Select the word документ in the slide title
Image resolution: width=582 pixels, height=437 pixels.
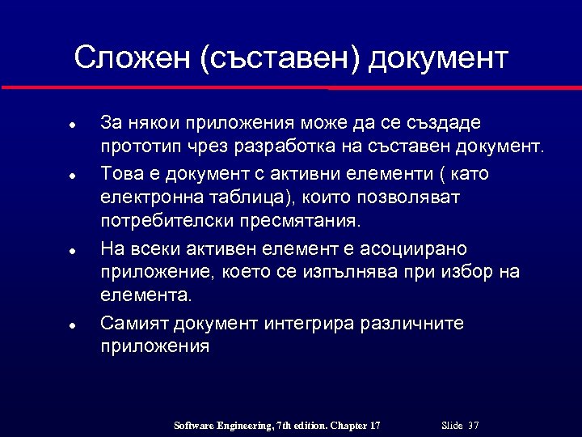point(438,58)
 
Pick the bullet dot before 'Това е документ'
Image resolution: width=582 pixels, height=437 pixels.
point(72,175)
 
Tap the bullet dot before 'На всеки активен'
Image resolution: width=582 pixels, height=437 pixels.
point(72,250)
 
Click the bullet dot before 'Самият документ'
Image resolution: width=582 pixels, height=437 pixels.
point(72,325)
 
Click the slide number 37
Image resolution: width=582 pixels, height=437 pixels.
point(474,426)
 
